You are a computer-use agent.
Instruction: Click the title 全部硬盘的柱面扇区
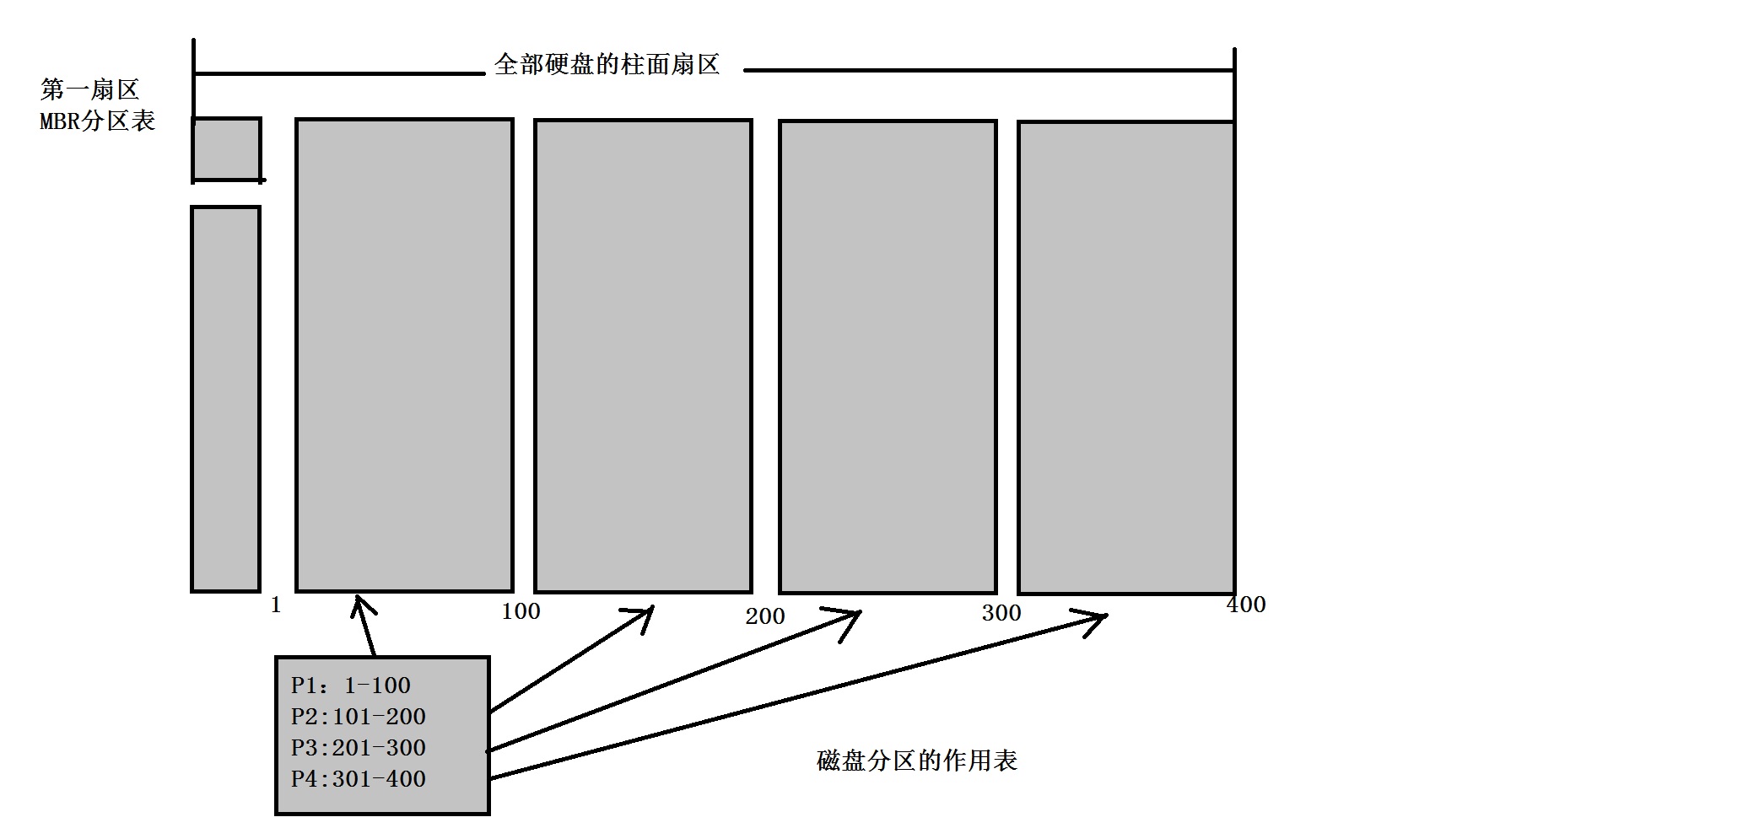coord(607,65)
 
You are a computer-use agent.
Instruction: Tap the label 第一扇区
coord(89,89)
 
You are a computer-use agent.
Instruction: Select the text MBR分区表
coord(97,121)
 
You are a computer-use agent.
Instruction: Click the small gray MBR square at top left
coord(226,149)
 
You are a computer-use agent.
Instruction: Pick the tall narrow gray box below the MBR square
coord(225,399)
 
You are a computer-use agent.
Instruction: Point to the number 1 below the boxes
coord(276,605)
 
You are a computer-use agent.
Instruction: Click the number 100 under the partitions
coord(521,611)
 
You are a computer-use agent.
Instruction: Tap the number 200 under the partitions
coord(765,616)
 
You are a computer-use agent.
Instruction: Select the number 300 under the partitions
coord(1001,613)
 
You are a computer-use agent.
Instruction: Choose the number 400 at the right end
coord(1246,605)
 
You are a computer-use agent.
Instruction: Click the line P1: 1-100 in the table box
coord(351,686)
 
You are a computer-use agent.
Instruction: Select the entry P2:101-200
coord(359,717)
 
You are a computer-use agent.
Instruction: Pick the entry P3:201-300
coord(359,748)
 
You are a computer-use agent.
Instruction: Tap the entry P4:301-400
coord(359,779)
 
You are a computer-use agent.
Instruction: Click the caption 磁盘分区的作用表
coord(917,761)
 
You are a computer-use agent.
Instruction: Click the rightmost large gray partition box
coord(1126,358)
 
